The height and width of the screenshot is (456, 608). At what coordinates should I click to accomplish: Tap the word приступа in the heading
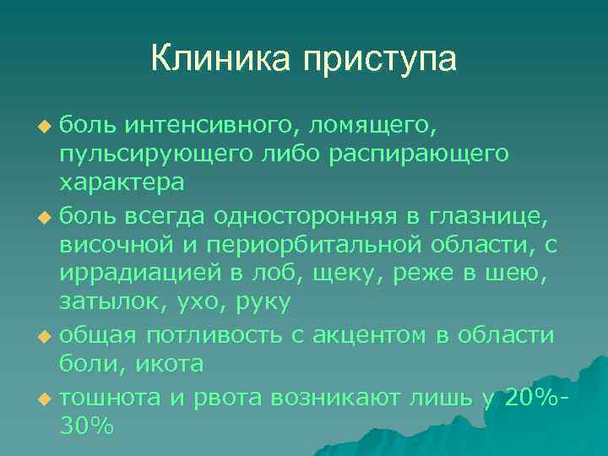(373, 60)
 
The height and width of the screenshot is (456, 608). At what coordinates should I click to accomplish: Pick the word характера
(122, 182)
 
